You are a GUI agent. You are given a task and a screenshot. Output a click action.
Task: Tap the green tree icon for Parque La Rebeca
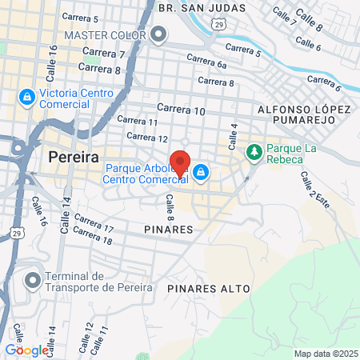[x=254, y=150]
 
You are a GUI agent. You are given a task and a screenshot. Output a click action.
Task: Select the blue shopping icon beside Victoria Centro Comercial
[x=26, y=98]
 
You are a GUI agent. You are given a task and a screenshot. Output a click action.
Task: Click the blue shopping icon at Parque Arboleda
[x=201, y=171]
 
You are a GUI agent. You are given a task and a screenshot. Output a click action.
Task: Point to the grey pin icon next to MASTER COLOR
[x=158, y=34]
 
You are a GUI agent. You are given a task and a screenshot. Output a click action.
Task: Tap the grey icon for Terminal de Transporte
[x=32, y=281]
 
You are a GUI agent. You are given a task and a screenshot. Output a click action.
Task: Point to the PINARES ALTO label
[x=210, y=288]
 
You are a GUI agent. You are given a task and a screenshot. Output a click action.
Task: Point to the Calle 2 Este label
[x=313, y=191]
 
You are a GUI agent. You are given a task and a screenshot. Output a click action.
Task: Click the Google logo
[x=26, y=350]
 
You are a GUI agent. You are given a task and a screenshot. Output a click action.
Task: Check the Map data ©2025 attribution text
[x=325, y=354]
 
